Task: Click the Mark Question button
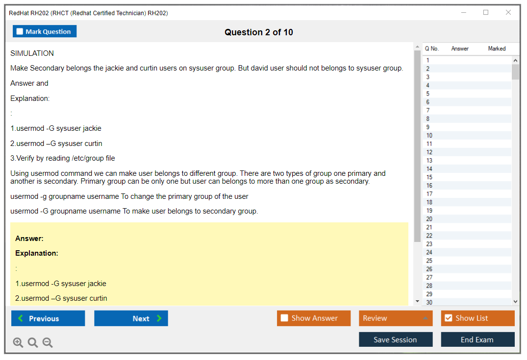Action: pyautogui.click(x=45, y=31)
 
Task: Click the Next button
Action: pyautogui.click(x=131, y=318)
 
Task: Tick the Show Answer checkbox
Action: pyautogui.click(x=284, y=318)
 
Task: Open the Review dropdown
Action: pyautogui.click(x=396, y=318)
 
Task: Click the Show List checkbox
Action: pyautogui.click(x=449, y=318)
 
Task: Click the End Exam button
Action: pyautogui.click(x=477, y=339)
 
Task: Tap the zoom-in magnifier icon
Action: pyautogui.click(x=18, y=342)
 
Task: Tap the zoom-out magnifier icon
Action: pyautogui.click(x=48, y=342)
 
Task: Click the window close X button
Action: pyautogui.click(x=508, y=12)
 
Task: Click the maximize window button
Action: pyautogui.click(x=486, y=12)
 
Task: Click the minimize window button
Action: pyautogui.click(x=463, y=12)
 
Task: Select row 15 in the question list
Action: pyautogui.click(x=467, y=177)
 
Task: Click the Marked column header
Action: pyautogui.click(x=497, y=48)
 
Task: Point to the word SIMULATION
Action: pyautogui.click(x=32, y=53)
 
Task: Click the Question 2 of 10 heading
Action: pyautogui.click(x=259, y=32)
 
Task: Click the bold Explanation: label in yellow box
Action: pyautogui.click(x=37, y=253)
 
